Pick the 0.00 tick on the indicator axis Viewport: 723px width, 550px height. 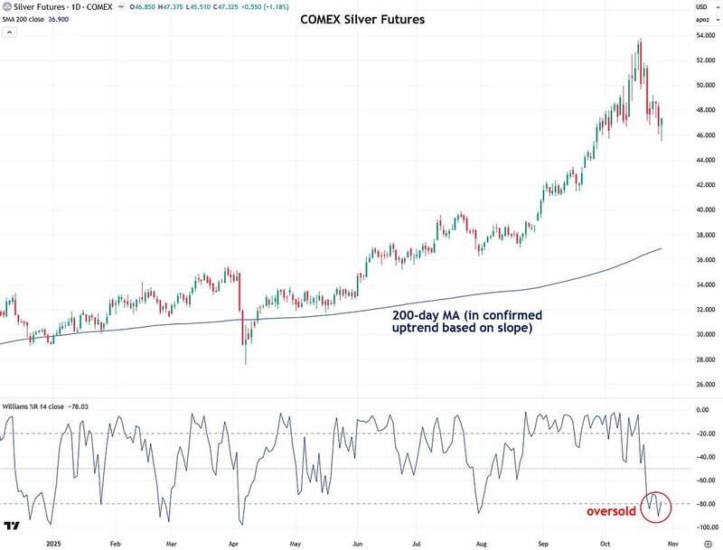703,409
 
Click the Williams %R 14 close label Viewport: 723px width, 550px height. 36,406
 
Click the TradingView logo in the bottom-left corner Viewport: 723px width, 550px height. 14,526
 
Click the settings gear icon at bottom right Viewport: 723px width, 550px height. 708,545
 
